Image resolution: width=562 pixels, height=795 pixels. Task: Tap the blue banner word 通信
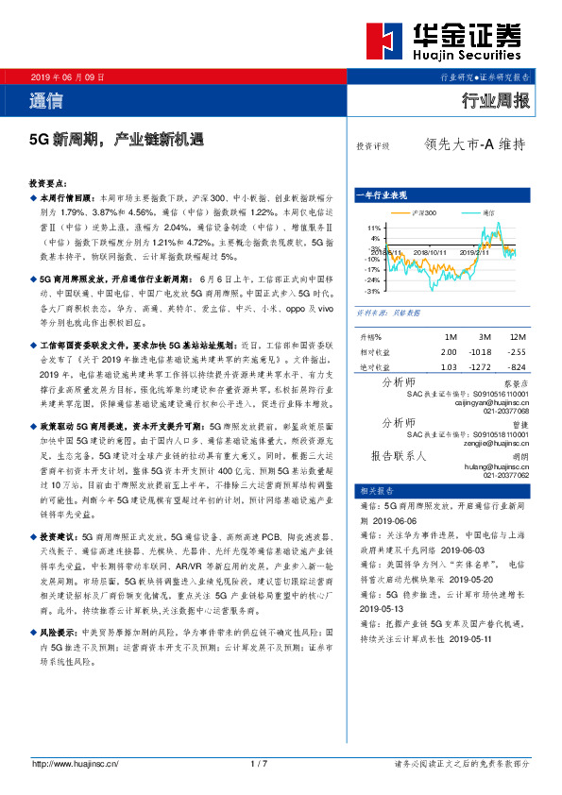click(46, 100)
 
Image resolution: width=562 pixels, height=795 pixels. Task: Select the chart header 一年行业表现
click(382, 195)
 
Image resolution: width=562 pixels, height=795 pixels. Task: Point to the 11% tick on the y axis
click(374, 229)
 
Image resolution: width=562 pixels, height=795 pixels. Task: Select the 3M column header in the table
click(485, 337)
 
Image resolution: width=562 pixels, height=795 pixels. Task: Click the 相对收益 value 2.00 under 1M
click(449, 351)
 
